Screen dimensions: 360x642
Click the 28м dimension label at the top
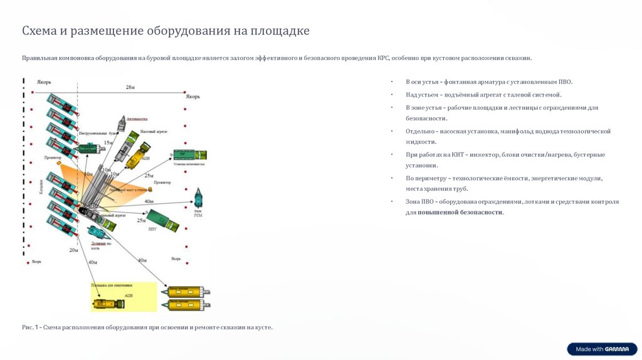(x=129, y=87)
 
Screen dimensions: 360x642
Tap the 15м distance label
(x=108, y=143)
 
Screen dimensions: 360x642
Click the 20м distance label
(x=73, y=250)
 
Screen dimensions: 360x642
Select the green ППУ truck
(x=164, y=221)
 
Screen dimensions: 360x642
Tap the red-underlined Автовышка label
(x=137, y=117)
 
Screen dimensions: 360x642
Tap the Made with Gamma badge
(x=602, y=349)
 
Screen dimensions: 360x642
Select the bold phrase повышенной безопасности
(x=460, y=213)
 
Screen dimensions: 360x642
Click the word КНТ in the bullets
(x=446, y=154)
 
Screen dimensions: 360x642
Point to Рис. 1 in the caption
(x=30, y=327)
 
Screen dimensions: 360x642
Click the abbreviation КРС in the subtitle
(x=384, y=58)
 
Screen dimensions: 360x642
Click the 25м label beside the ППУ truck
(x=141, y=220)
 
